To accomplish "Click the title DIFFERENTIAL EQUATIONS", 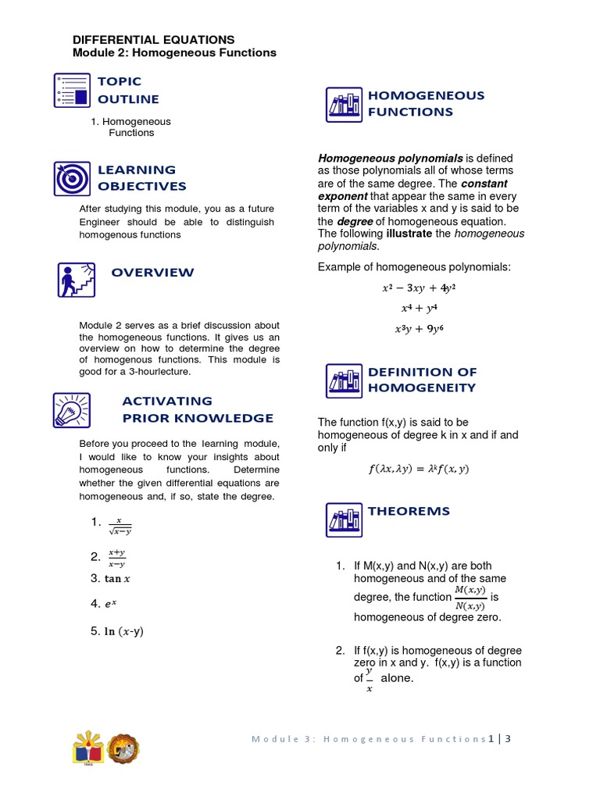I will tap(153, 39).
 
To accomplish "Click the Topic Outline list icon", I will tap(73, 90).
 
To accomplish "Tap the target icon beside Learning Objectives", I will tap(73, 178).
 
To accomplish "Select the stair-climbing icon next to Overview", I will tap(77, 279).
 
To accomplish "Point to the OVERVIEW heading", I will tap(152, 273).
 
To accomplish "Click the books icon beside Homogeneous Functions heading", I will tap(344, 105).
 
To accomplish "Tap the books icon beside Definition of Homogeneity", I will tap(344, 380).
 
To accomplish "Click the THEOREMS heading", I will tap(409, 511).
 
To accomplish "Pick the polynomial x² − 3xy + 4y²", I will tap(418, 287).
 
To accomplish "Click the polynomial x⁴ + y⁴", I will tap(418, 308).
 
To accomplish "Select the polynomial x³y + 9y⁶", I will tap(418, 329).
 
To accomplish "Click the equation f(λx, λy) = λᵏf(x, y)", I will tap(418, 470).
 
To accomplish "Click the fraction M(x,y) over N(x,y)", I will tap(470, 598).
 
